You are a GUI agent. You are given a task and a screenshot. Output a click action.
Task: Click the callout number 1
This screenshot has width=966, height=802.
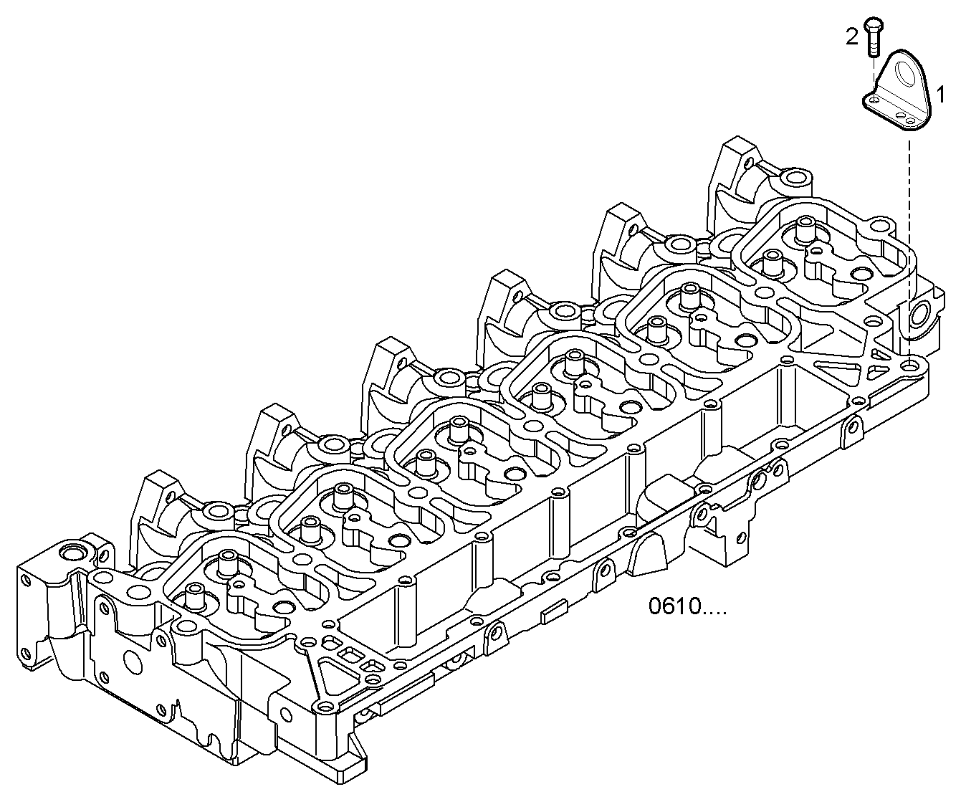coord(940,94)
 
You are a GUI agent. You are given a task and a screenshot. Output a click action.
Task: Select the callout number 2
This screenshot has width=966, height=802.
coord(851,37)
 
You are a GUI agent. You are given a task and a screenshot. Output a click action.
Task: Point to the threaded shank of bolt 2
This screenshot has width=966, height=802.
coord(874,44)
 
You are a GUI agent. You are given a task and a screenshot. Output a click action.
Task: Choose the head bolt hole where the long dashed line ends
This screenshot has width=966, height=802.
coord(911,366)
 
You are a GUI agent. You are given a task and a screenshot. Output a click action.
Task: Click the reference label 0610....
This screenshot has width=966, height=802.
coord(687,607)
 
